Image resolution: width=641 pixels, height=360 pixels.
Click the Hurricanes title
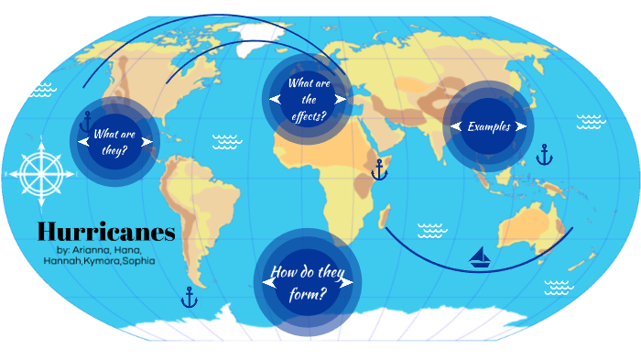pos(105,231)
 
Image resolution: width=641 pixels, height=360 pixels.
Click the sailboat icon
pos(480,256)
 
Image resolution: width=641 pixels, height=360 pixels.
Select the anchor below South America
pos(190,297)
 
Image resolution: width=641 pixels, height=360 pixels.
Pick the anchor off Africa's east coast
pos(379,169)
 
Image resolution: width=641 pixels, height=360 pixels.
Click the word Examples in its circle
pos(488,126)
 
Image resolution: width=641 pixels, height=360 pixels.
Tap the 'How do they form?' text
pos(308,282)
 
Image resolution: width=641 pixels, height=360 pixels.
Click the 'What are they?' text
pos(115,140)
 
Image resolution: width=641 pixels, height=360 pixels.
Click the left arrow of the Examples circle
pos(456,126)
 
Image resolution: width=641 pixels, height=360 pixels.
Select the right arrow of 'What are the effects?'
pos(340,99)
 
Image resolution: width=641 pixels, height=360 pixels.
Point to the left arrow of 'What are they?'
pos(84,140)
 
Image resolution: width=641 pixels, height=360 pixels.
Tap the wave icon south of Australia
pos(556,288)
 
